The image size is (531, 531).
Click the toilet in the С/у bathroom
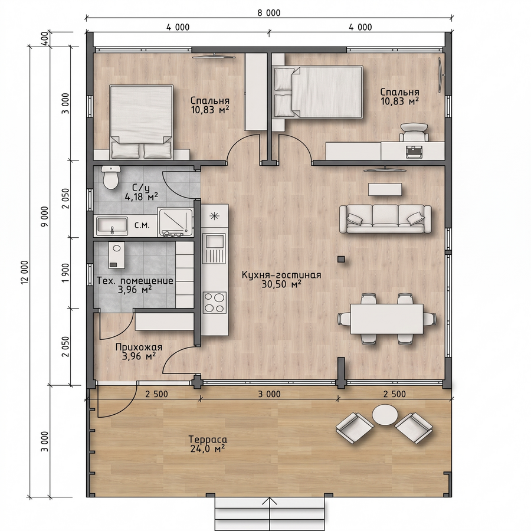click(x=111, y=177)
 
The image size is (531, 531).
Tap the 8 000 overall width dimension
click(x=269, y=13)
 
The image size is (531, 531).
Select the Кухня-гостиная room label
click(x=281, y=275)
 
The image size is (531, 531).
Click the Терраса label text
click(x=208, y=439)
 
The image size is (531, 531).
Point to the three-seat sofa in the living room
click(x=385, y=219)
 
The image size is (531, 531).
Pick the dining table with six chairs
click(x=386, y=319)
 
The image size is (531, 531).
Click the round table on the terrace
click(x=385, y=415)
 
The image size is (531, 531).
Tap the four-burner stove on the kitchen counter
click(x=215, y=303)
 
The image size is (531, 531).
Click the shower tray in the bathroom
click(x=175, y=222)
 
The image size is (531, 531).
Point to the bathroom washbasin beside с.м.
click(x=112, y=226)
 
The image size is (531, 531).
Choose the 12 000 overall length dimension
click(x=25, y=272)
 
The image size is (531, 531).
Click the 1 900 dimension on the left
click(x=65, y=273)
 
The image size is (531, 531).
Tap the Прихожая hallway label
click(x=139, y=347)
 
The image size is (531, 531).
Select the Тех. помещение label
click(x=135, y=281)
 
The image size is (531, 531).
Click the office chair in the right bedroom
click(x=414, y=132)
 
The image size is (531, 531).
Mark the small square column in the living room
click(x=342, y=259)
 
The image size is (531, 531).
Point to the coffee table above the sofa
click(x=385, y=189)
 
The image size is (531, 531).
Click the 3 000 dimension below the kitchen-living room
click(x=269, y=394)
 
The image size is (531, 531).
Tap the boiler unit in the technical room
click(x=116, y=255)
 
